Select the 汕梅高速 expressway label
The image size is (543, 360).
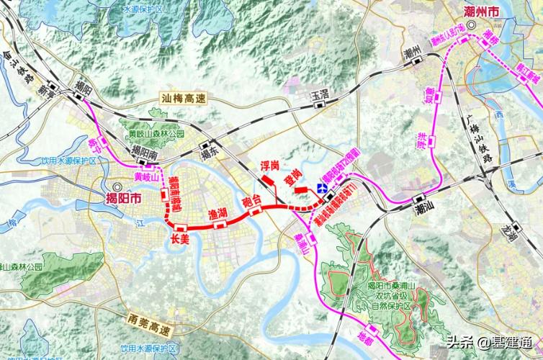coord(184,105)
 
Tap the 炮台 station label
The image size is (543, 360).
coord(252,201)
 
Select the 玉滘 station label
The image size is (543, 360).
coord(320,94)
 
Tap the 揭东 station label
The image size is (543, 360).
coord(210,153)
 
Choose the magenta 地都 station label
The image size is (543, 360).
coord(366,336)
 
